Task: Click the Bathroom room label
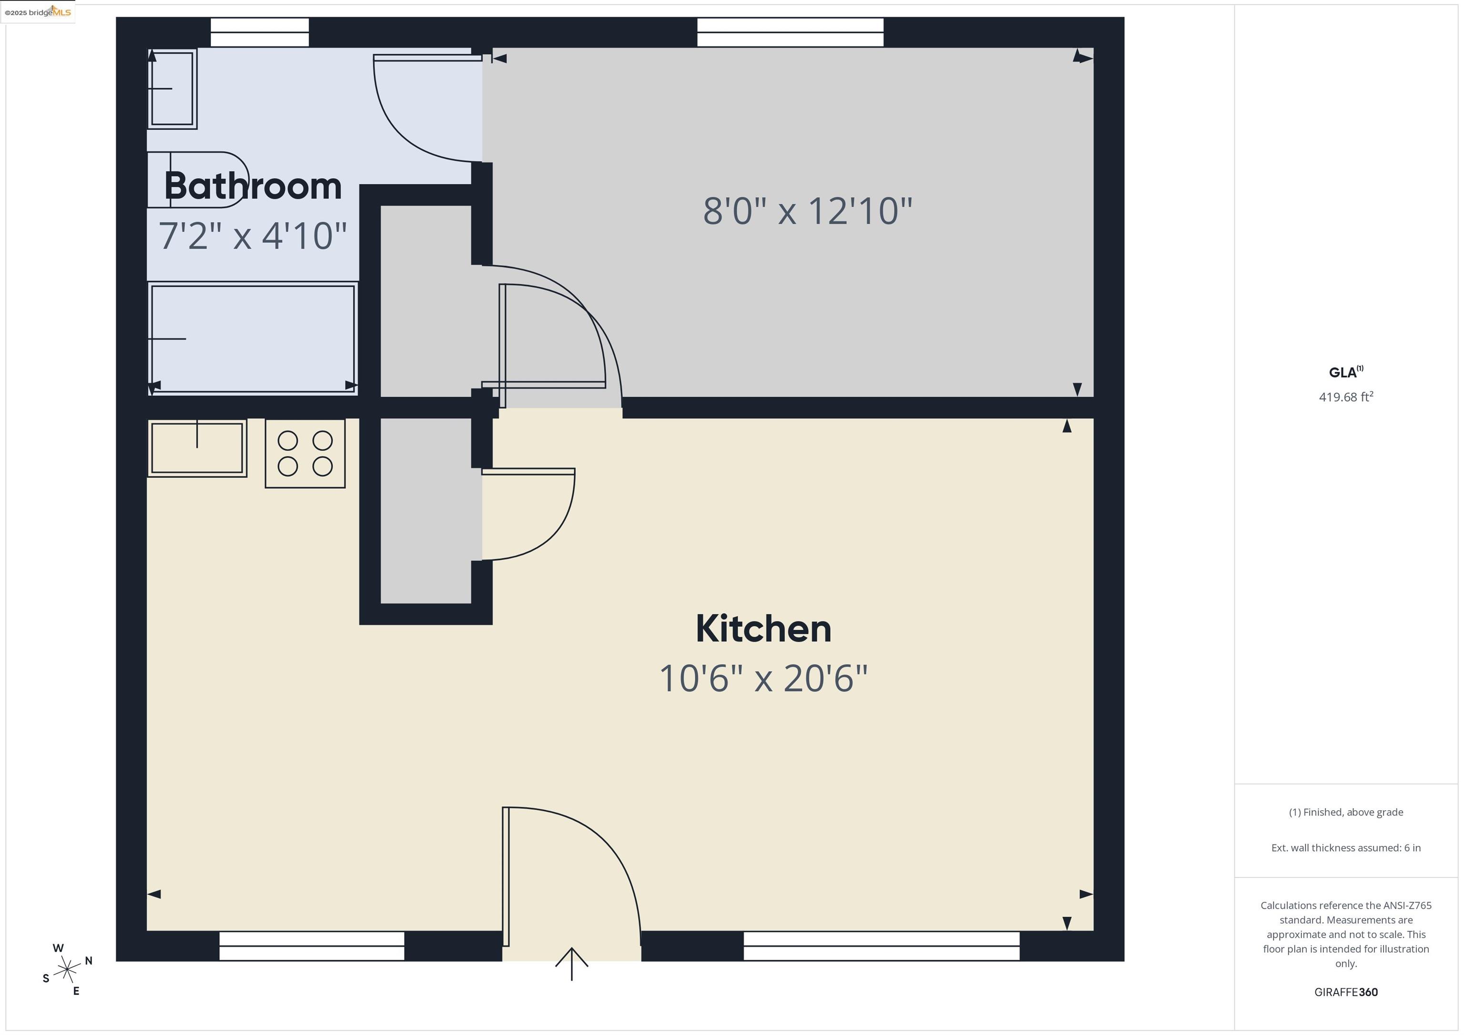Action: (x=253, y=186)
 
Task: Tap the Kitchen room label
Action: (x=763, y=629)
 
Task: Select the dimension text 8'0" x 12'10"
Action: (x=807, y=211)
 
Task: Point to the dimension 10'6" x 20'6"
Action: (x=763, y=678)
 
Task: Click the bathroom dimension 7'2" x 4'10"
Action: (x=253, y=236)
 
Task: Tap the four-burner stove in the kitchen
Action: (x=305, y=453)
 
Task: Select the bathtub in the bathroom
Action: (x=253, y=339)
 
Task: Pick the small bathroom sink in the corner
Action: (x=172, y=89)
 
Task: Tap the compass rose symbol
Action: (x=67, y=970)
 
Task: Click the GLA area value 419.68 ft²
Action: (x=1345, y=397)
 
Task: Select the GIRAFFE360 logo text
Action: (x=1345, y=992)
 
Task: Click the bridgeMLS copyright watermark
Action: (x=38, y=12)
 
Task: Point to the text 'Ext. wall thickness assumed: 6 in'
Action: (x=1345, y=848)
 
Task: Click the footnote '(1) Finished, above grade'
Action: (x=1345, y=812)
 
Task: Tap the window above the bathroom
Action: (x=260, y=32)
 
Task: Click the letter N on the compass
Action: (x=89, y=960)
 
